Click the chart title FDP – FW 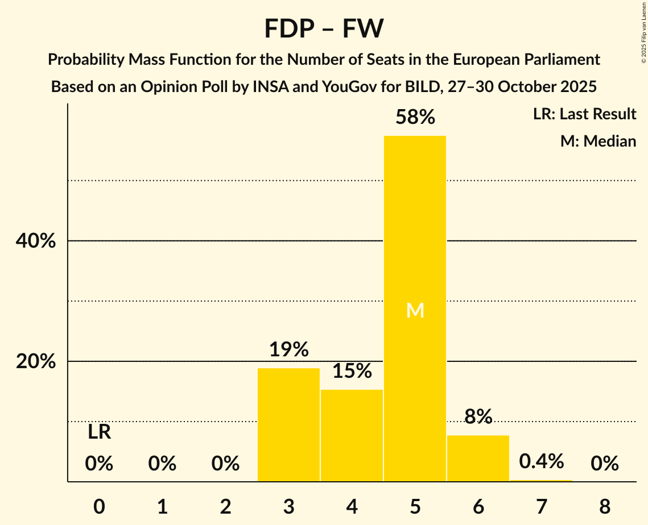(x=324, y=28)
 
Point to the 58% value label (x=415, y=118)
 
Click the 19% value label (x=288, y=349)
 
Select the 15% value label (x=352, y=371)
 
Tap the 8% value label (x=478, y=416)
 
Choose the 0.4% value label (x=541, y=461)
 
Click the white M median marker (x=415, y=310)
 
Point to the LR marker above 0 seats (x=99, y=432)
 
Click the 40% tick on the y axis (x=35, y=241)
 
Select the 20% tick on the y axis (x=35, y=361)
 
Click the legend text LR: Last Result (x=584, y=114)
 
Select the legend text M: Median (x=598, y=141)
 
